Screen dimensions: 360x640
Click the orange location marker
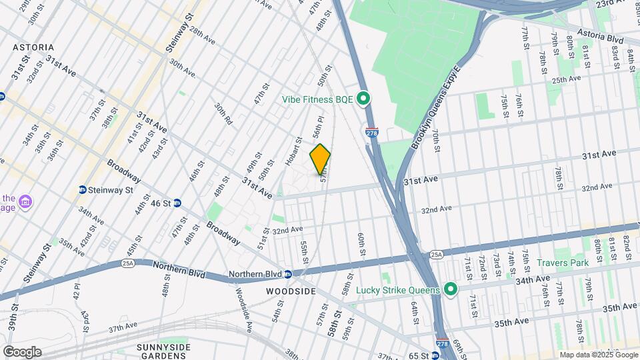click(x=320, y=159)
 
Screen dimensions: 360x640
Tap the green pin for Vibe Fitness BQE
click(x=363, y=99)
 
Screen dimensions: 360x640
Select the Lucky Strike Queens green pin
click(x=450, y=289)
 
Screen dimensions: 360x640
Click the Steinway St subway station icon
click(x=83, y=190)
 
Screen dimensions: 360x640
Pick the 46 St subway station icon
click(x=177, y=203)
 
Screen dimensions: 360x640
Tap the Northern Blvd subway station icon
click(x=287, y=274)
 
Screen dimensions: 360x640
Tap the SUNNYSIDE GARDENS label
click(x=163, y=351)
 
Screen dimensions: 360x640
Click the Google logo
click(x=22, y=351)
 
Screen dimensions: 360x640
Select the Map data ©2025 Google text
click(x=597, y=355)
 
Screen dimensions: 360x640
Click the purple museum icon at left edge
click(x=25, y=201)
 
